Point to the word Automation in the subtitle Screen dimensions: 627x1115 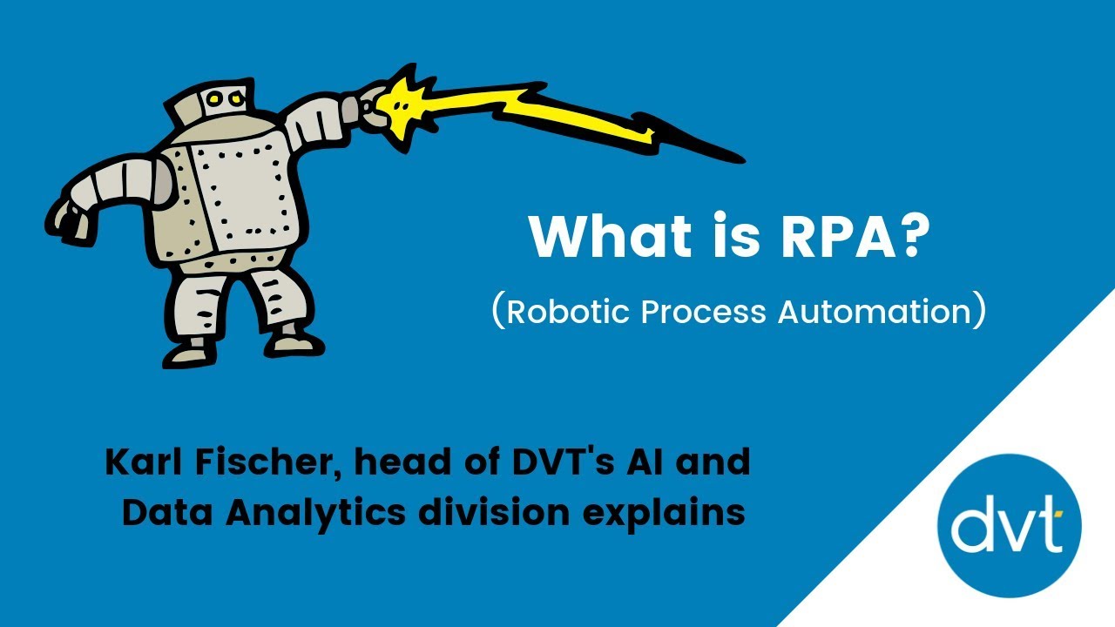pyautogui.click(x=875, y=312)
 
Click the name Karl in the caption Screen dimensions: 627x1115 pyautogui.click(x=141, y=462)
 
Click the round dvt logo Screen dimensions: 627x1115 pyautogui.click(x=1009, y=527)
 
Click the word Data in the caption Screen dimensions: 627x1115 pyautogui.click(x=167, y=513)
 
